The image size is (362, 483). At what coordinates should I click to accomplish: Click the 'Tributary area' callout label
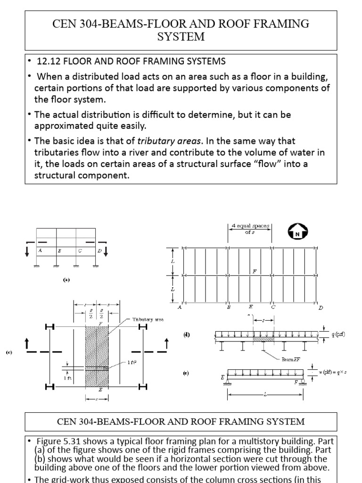pyautogui.click(x=148, y=319)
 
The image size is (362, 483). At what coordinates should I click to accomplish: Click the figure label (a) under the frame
pyautogui.click(x=66, y=279)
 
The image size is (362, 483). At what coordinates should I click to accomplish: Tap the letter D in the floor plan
pyautogui.click(x=321, y=308)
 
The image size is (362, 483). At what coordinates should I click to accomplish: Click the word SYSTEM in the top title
pyautogui.click(x=181, y=37)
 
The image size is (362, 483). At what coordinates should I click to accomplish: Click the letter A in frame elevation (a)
pyautogui.click(x=41, y=251)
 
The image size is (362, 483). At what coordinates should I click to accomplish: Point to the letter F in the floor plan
pyautogui.click(x=255, y=271)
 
